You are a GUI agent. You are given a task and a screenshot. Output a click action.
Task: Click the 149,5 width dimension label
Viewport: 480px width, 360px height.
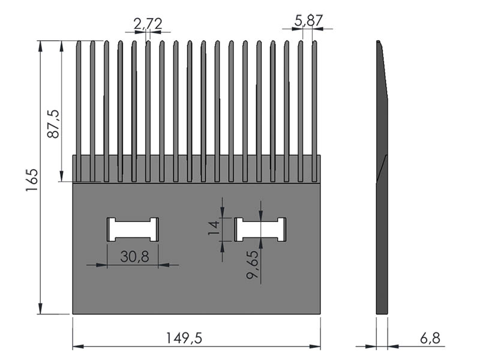184,338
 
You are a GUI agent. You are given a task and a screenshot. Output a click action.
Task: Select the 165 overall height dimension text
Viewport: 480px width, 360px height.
32,180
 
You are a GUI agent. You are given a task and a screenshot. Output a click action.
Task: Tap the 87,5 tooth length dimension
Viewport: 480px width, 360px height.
53,124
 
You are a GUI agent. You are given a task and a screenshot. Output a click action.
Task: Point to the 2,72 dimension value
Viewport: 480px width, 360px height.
148,24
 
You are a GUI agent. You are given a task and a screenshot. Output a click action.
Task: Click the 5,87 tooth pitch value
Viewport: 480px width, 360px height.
308,21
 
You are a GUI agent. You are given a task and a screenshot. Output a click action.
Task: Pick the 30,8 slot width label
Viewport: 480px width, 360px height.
134,257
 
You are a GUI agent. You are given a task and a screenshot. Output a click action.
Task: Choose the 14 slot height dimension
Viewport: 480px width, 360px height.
214,228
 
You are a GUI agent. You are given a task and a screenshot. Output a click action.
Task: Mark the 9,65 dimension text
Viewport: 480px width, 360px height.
253,265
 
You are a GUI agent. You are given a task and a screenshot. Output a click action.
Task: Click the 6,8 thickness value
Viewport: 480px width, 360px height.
430,338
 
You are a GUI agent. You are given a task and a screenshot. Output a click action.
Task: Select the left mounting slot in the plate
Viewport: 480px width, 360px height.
133,230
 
